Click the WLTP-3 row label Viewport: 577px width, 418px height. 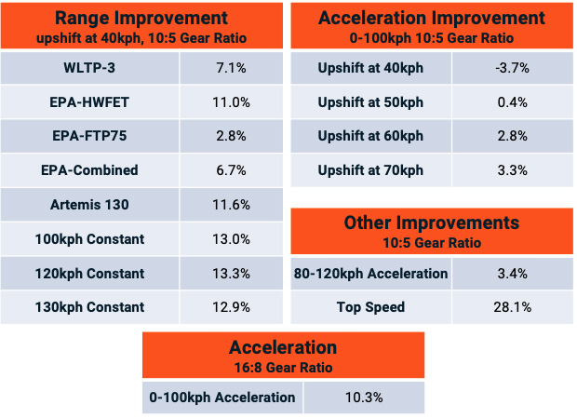pos(89,68)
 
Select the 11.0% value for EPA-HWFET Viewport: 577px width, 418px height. pos(231,102)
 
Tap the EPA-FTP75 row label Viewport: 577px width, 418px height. pos(89,136)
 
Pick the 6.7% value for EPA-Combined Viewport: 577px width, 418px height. pos(231,170)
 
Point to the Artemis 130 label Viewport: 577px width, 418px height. pos(89,205)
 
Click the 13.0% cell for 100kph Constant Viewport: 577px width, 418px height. pos(231,239)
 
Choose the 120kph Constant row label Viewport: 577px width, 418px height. pos(89,274)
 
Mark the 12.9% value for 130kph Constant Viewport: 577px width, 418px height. pos(231,307)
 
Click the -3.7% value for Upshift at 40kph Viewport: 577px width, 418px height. pos(512,68)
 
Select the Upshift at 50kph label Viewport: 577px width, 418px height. pos(370,102)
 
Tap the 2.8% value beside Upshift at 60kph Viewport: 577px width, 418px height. pos(512,136)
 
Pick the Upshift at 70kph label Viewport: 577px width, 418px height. pos(370,170)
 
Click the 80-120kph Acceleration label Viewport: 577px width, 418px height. pos(370,274)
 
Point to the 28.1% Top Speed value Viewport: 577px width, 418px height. pos(512,307)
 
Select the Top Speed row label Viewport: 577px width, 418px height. pos(370,307)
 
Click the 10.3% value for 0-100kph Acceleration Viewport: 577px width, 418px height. pos(364,398)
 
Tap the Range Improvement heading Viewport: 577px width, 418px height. pos(141,18)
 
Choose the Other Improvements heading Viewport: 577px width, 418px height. pos(432,223)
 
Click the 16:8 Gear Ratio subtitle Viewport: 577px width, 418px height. pos(283,368)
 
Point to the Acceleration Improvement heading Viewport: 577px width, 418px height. pos(432,18)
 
